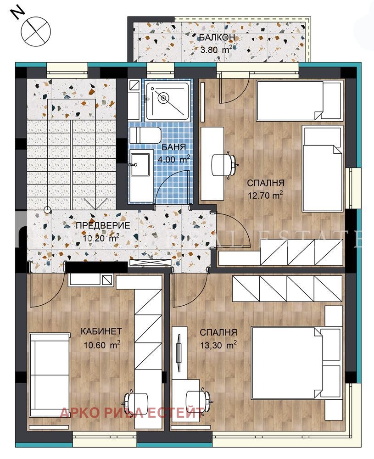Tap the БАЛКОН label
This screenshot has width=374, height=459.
click(x=218, y=37)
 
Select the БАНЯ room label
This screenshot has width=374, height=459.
click(x=173, y=147)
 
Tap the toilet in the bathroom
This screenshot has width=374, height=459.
click(x=145, y=135)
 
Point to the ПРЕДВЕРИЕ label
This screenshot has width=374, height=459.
click(x=100, y=225)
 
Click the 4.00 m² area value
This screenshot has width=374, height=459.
click(x=173, y=160)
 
